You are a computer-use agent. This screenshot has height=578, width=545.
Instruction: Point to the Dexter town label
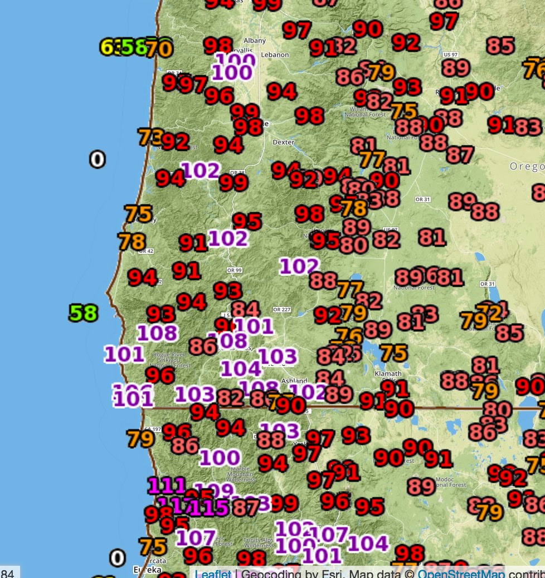click(283, 142)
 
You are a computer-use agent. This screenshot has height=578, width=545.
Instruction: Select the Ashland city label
click(294, 381)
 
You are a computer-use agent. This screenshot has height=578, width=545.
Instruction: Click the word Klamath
click(388, 374)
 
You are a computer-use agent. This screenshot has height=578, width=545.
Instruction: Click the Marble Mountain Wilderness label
click(241, 474)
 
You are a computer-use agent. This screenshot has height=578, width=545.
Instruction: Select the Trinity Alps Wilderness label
click(259, 542)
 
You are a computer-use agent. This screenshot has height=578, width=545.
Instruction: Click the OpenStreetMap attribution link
click(461, 574)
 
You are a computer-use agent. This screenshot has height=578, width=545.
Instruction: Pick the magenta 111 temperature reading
click(167, 486)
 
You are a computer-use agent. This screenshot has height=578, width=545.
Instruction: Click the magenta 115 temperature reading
click(210, 507)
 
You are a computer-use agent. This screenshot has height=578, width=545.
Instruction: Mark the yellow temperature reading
click(109, 47)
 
